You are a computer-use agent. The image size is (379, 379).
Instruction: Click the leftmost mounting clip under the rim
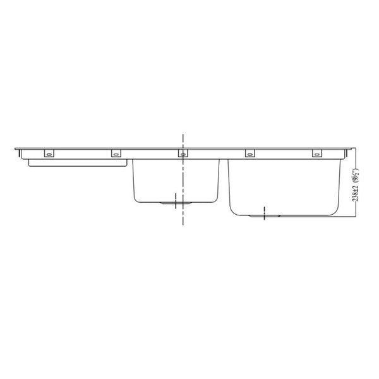coord(49,153)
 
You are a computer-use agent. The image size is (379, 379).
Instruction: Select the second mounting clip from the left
coord(116,153)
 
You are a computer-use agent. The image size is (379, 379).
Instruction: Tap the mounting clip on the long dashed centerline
coord(183,153)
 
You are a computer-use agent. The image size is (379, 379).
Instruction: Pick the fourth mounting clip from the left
coord(250,153)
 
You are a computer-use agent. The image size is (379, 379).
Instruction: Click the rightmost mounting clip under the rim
coord(316,153)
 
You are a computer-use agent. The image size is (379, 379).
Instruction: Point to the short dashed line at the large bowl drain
coord(264,212)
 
